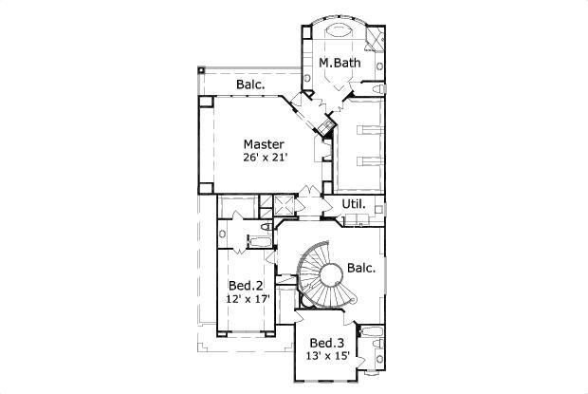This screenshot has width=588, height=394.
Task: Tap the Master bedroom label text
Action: click(x=264, y=145)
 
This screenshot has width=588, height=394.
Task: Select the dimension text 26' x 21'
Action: click(x=264, y=160)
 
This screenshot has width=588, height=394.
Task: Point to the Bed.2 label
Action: click(x=246, y=285)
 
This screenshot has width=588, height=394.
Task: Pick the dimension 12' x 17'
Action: click(x=248, y=299)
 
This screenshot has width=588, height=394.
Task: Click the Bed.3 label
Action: click(x=327, y=342)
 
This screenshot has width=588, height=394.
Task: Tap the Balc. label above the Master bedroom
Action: click(x=250, y=84)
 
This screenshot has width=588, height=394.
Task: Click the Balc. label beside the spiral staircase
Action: click(x=361, y=268)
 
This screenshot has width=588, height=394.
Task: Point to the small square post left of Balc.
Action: click(x=201, y=70)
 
